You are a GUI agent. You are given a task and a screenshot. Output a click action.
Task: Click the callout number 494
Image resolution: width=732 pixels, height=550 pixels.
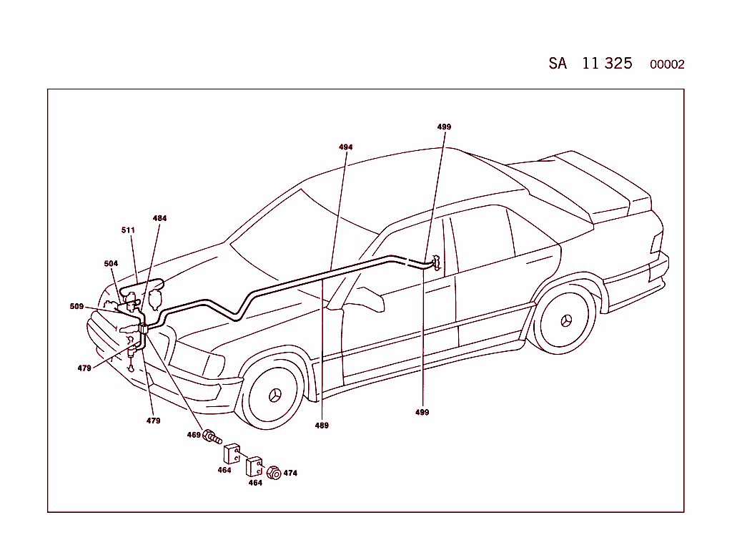coord(345,147)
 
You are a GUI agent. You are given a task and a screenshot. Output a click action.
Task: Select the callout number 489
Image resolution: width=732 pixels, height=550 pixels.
coord(322,426)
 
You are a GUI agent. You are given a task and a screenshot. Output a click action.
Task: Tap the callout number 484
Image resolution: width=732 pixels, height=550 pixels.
coord(159,218)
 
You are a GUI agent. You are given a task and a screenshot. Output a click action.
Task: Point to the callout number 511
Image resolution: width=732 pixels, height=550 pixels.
coord(128,230)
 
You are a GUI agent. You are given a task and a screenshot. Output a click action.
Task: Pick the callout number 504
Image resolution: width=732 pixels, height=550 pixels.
coord(111,263)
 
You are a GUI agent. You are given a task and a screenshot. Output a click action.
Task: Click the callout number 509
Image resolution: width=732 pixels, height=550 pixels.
coord(76,306)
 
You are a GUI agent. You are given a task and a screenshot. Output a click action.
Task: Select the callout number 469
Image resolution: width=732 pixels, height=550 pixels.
coord(194,435)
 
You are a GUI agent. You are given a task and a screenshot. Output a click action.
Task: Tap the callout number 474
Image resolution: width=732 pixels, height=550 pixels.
coord(290,473)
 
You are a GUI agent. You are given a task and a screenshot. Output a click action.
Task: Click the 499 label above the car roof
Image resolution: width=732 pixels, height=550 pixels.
coord(444,127)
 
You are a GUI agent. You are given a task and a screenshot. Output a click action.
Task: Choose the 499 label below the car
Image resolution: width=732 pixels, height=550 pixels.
coord(422,413)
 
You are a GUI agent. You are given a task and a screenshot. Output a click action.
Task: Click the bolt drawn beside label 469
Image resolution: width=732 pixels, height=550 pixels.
coord(212,436)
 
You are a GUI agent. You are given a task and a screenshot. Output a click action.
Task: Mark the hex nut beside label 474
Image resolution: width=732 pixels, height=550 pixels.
coord(273,473)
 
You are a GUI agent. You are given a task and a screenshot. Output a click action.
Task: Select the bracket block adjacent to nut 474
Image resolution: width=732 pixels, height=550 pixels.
coord(254,467)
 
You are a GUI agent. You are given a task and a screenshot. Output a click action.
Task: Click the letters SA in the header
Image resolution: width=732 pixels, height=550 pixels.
coord(558,64)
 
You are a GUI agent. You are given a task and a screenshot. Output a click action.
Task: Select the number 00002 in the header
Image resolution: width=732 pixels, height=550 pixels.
coord(666,64)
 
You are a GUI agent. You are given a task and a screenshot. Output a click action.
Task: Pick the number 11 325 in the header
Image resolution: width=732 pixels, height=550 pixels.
coord(607,63)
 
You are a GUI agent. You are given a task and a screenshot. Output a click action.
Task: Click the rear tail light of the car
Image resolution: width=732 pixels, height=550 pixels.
coord(656,242)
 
